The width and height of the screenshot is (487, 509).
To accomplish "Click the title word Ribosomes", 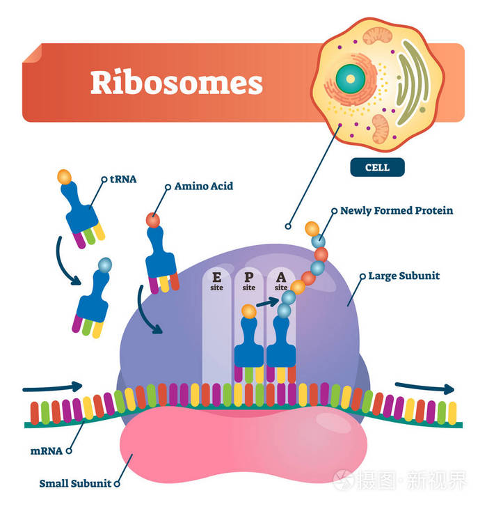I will click(177, 83).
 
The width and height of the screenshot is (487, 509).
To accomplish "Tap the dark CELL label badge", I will click(378, 168).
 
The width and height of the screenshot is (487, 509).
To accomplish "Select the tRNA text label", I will click(122, 178).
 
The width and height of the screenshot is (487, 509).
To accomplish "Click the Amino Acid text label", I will click(203, 186).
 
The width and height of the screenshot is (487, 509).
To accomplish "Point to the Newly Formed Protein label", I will click(397, 210).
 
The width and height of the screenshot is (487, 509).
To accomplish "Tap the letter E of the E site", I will click(217, 277).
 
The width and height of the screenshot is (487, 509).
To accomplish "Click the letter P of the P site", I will click(249, 277).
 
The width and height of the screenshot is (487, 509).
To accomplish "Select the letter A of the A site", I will click(281, 277).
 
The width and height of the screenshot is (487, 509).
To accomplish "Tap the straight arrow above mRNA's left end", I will click(52, 386).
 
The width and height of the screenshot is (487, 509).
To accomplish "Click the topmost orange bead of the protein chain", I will click(312, 228).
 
